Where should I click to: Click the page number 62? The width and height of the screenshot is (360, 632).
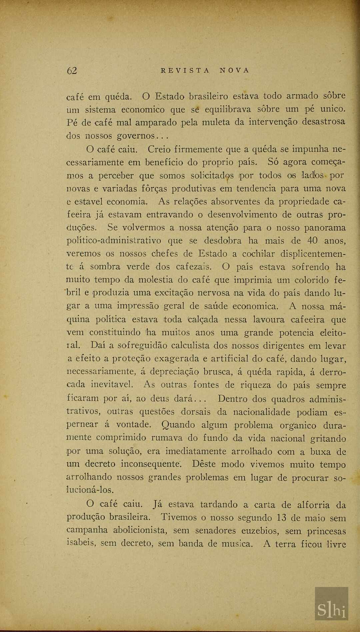(x=72, y=71)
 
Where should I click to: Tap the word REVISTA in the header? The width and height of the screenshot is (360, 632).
(x=185, y=70)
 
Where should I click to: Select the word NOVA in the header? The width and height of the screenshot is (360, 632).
(x=234, y=70)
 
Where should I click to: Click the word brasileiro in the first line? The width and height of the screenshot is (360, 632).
(x=208, y=96)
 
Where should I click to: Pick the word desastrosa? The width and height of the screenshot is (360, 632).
(x=323, y=121)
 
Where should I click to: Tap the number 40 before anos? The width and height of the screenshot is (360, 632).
(x=312, y=240)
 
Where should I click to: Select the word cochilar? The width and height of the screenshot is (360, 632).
(x=258, y=254)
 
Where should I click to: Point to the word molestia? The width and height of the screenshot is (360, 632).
(x=155, y=280)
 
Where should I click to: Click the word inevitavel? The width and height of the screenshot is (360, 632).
(x=112, y=385)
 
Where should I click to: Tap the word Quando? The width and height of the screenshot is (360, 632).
(x=178, y=425)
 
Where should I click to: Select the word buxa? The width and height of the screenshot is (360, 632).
(x=320, y=452)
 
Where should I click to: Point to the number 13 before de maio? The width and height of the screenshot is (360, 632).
(x=282, y=518)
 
